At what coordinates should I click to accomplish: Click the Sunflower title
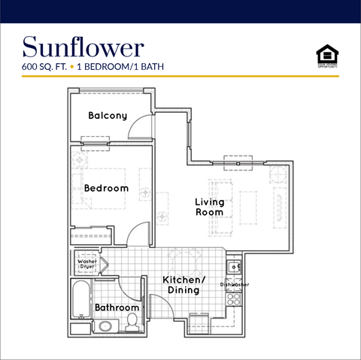83,47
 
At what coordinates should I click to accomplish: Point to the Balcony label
107,116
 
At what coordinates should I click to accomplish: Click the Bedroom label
106,188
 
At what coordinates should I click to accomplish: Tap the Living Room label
209,207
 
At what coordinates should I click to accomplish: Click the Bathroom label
117,307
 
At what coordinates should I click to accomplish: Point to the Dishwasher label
235,285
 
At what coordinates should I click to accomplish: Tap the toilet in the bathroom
133,322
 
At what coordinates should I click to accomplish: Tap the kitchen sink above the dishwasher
235,267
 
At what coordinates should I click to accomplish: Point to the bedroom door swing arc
136,234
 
